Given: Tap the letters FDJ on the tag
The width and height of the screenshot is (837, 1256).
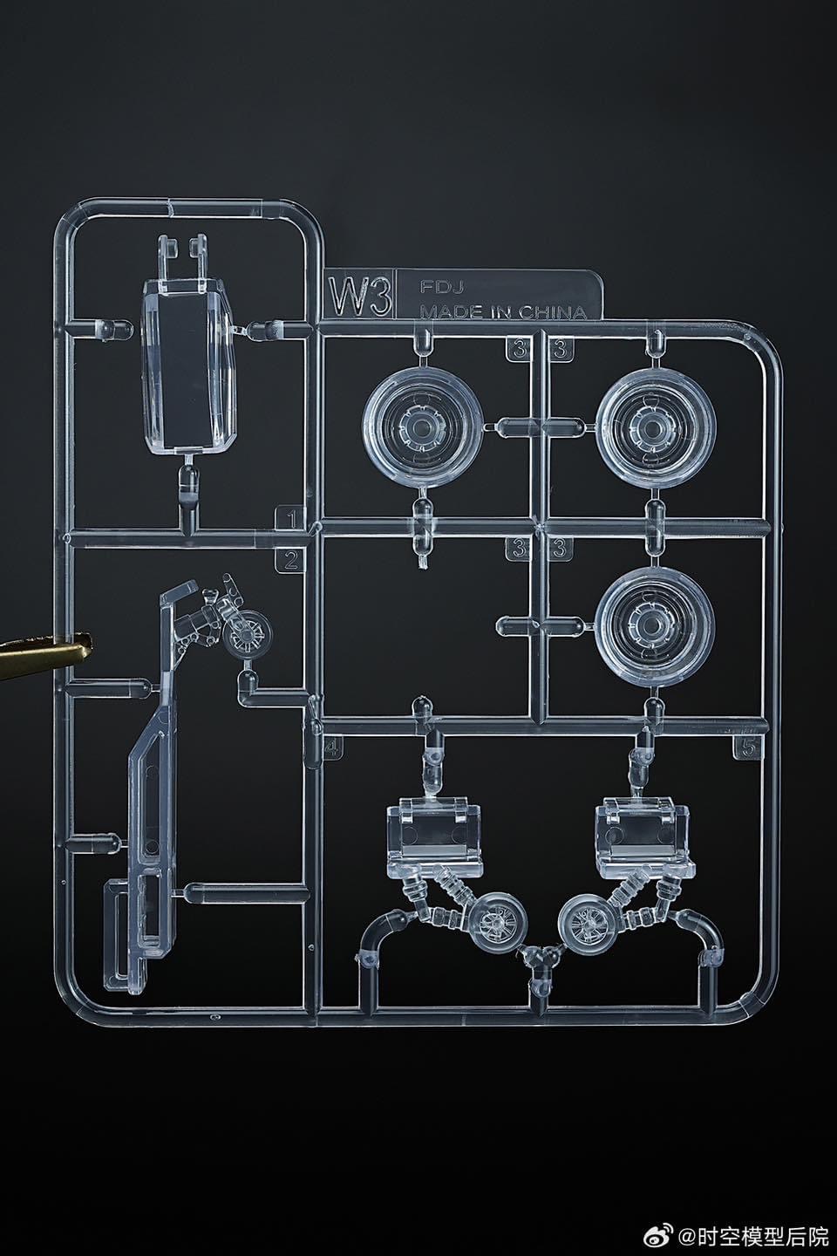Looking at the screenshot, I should click(437, 286).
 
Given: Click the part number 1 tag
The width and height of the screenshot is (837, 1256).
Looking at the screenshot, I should click(290, 520).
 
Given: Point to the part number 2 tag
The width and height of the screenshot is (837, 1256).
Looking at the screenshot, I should click(290, 560).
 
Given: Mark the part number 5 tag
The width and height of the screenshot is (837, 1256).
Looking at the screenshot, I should click(745, 747).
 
